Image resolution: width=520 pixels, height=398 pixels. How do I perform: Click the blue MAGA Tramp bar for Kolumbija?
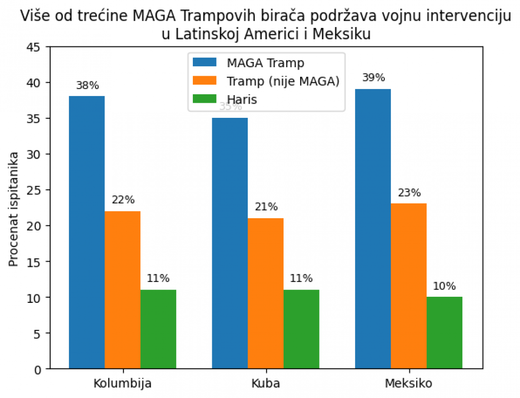coord(87,232)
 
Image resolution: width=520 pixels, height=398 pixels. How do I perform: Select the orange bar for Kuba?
coord(265,293)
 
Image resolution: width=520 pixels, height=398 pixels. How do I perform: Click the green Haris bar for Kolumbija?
coord(158,329)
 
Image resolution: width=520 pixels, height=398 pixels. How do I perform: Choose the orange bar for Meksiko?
coord(408,286)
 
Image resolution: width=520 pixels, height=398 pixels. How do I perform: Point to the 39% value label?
coord(373,78)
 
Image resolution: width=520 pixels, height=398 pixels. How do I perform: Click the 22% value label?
coord(123,200)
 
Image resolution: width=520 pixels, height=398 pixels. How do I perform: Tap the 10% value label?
coord(444,286)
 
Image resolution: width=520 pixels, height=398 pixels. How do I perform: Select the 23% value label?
coord(409,193)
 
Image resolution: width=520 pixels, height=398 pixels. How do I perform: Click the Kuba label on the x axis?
coord(265,383)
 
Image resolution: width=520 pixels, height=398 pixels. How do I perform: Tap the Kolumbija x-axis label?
coord(122,383)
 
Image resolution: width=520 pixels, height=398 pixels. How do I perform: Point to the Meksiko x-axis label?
coord(408,383)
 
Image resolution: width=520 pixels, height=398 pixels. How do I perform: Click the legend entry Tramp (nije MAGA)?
coord(283,81)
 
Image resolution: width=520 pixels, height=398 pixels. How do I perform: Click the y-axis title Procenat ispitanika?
coord(14,208)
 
